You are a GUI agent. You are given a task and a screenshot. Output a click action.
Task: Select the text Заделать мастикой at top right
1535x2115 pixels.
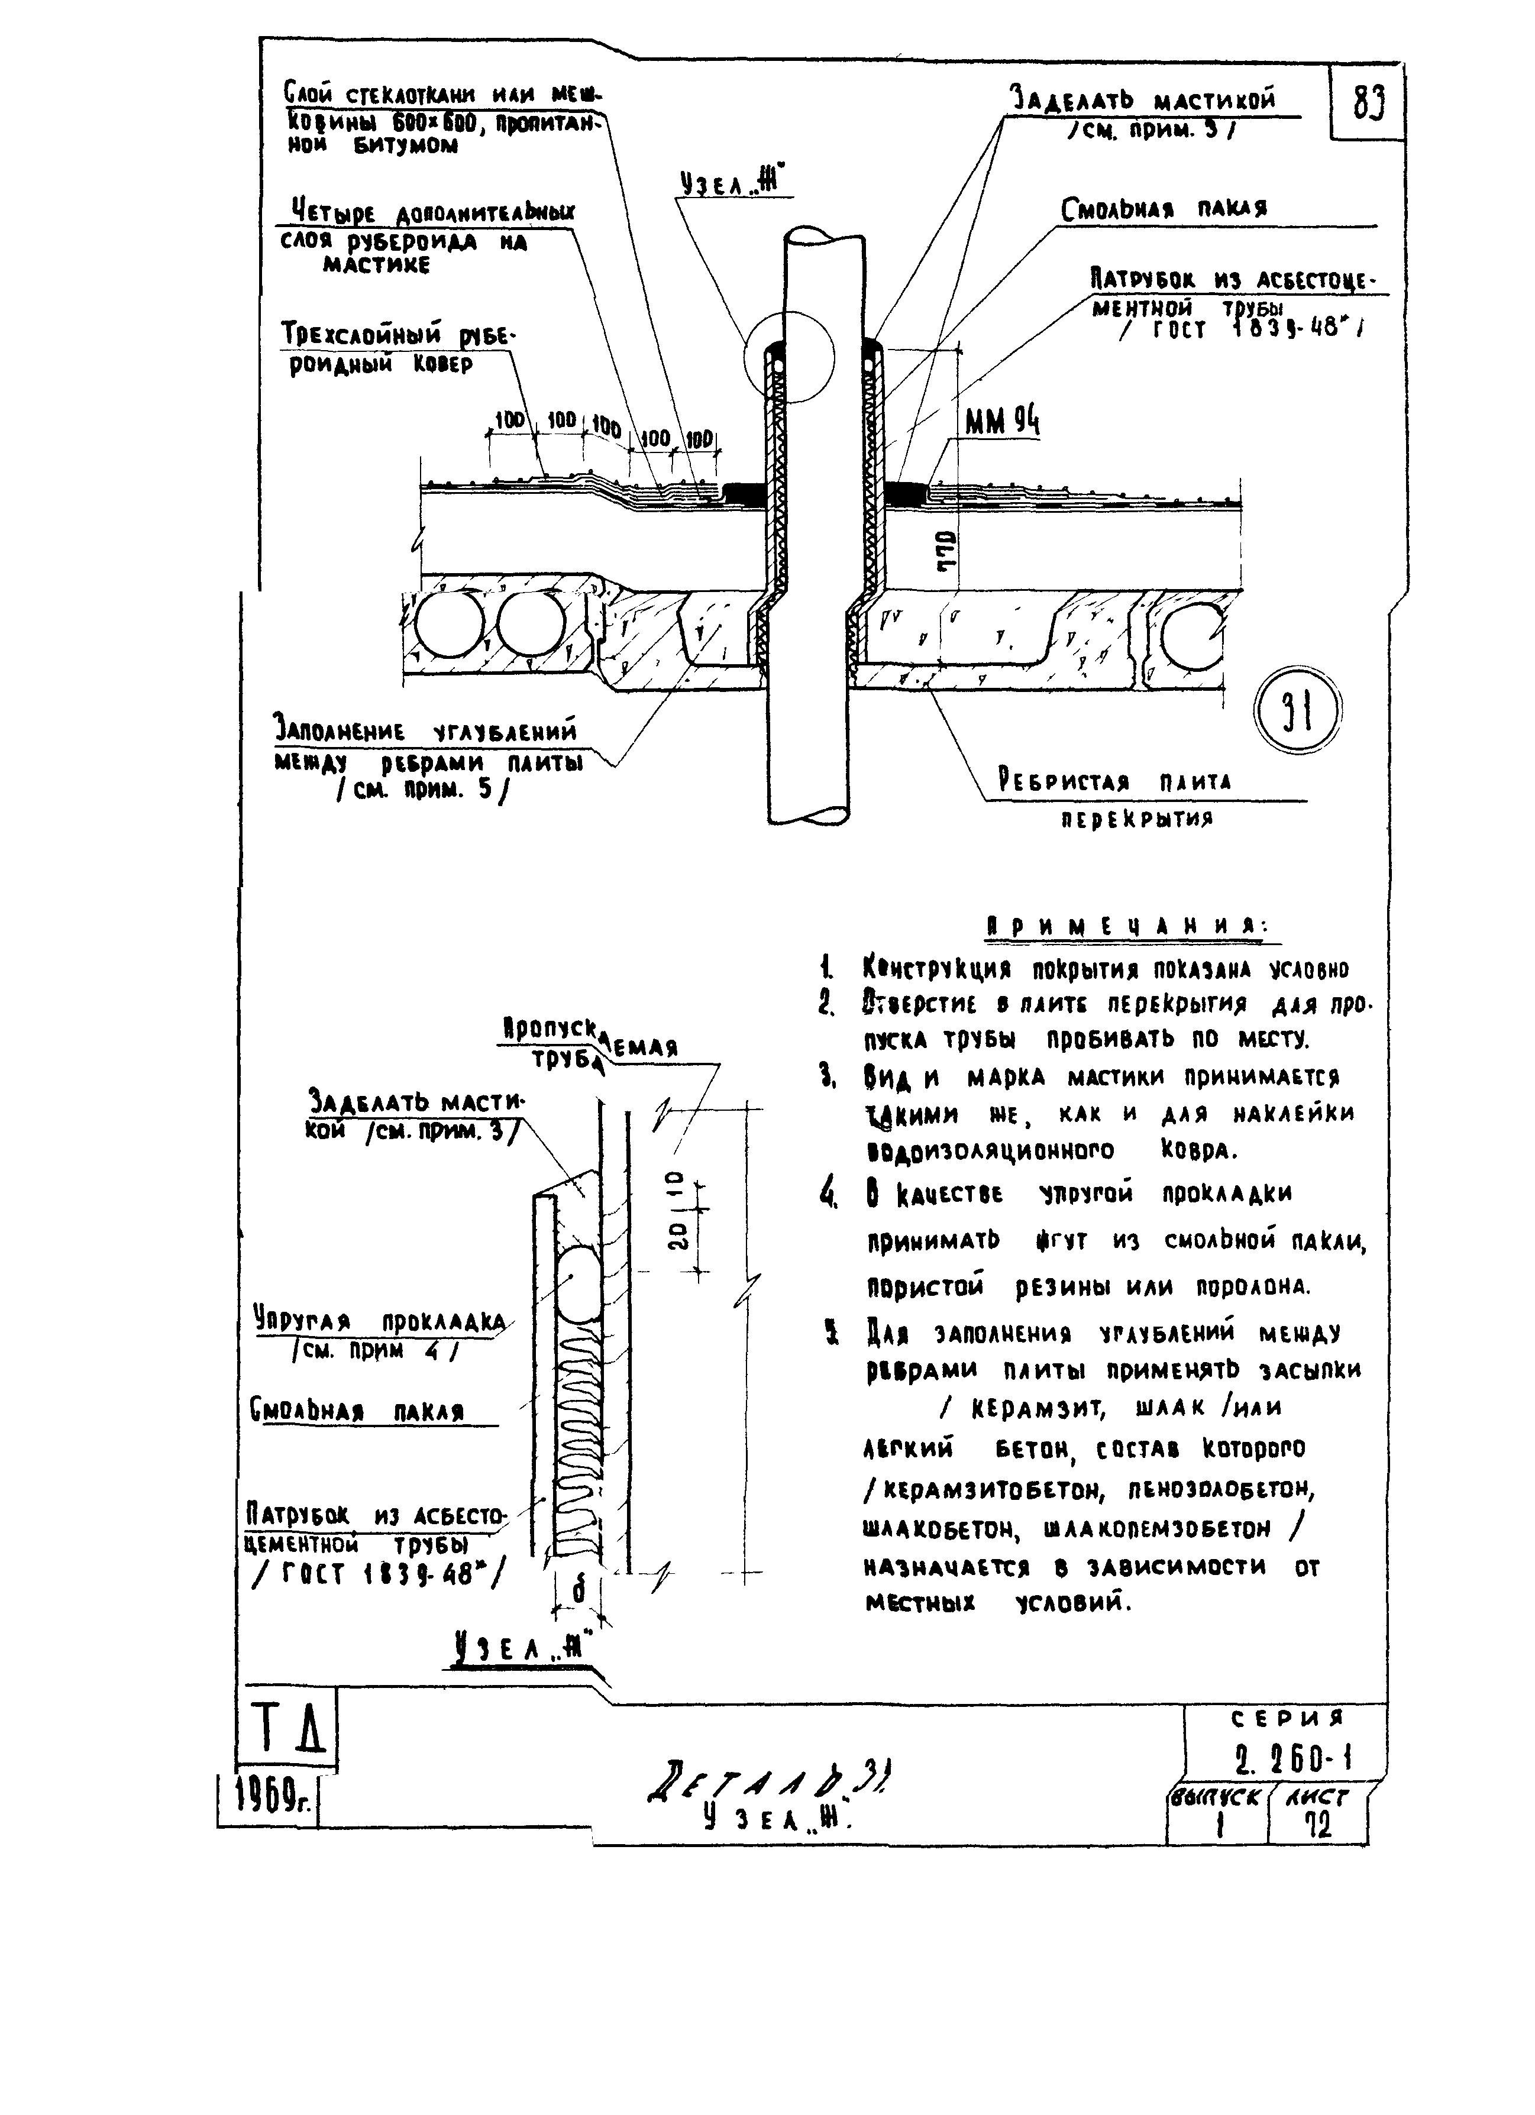tap(1142, 100)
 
